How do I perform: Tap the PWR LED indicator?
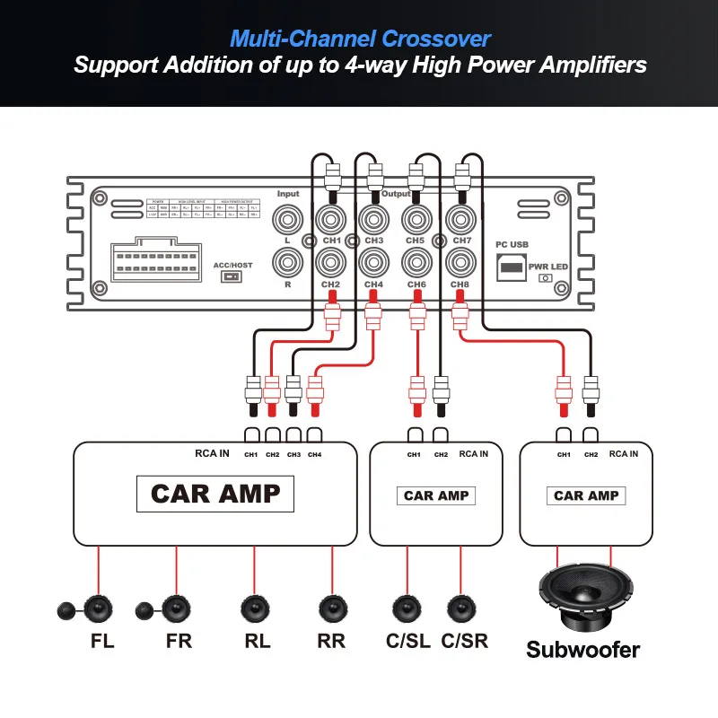click(x=544, y=278)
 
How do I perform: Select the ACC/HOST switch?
click(x=232, y=277)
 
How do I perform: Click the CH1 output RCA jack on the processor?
click(x=330, y=219)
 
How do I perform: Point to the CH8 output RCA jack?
click(x=460, y=263)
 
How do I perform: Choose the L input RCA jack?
click(x=289, y=219)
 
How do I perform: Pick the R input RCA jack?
click(x=289, y=263)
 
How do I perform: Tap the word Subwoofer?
click(x=583, y=650)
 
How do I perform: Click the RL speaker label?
click(x=257, y=642)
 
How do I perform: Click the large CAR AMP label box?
click(x=215, y=494)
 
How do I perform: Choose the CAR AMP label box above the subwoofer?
click(x=586, y=495)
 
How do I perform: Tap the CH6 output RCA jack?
click(x=416, y=263)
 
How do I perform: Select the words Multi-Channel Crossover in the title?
click(x=361, y=39)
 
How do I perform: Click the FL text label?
click(x=102, y=642)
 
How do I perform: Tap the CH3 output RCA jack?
click(x=373, y=219)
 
